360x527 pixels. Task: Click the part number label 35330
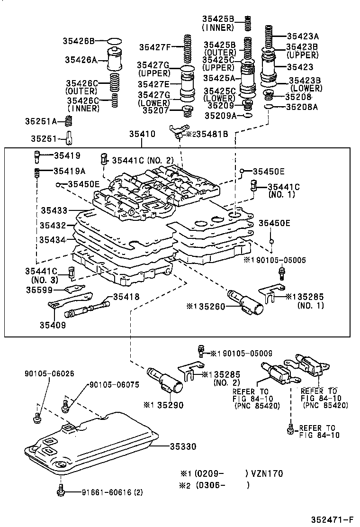point(183,447)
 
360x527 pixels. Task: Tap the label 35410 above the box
point(142,135)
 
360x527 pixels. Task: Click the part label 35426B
point(79,41)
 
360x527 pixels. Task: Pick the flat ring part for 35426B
point(115,41)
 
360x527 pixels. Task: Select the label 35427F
point(154,47)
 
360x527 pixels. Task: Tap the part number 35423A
point(302,36)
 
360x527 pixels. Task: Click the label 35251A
point(41,121)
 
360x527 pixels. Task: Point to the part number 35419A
point(70,171)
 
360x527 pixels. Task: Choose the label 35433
point(54,209)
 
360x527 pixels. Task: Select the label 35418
point(126,297)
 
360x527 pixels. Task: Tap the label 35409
point(53,325)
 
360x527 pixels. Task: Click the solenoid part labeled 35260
point(246,301)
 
